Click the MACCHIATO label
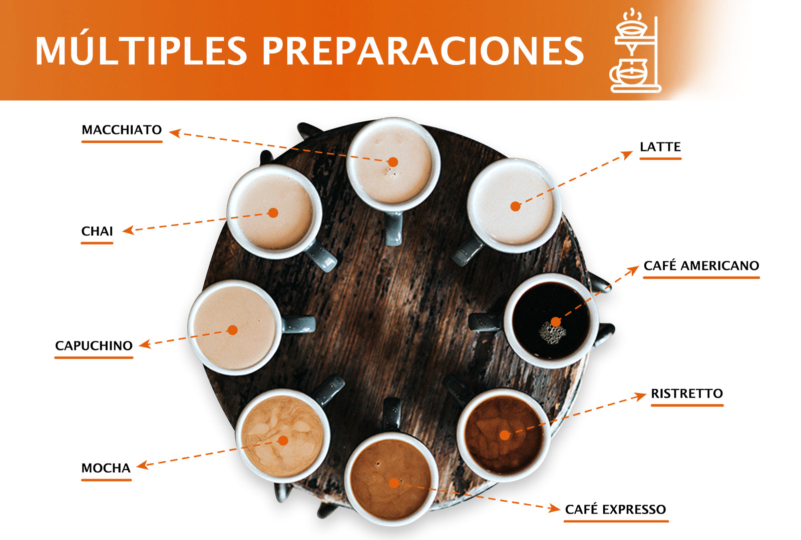pos(122,130)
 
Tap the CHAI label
pos(97,231)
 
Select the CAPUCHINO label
pos(94,345)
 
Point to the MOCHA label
pos(106,468)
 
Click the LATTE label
pos(660,147)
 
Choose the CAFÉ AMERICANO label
pos(701,265)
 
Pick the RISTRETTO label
pos(687,393)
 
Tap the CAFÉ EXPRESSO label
pos(615,509)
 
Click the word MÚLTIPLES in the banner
pos(141,51)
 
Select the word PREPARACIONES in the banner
pos(423,51)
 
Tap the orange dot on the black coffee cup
pos(555,321)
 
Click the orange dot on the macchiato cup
pos(393,162)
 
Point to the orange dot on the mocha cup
pos(283,440)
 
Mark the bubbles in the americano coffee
pos(552,333)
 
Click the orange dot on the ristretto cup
pos(505,435)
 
